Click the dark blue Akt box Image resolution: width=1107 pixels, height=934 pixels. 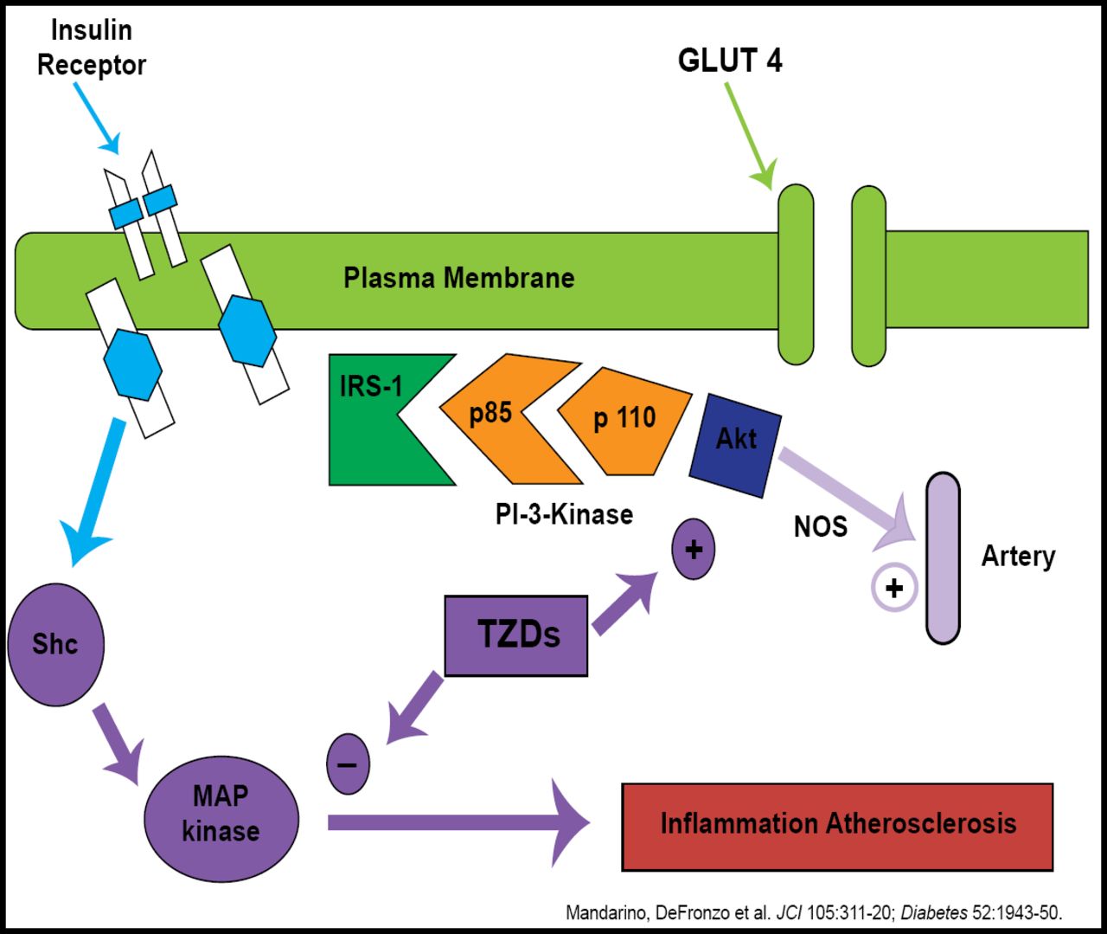pos(736,444)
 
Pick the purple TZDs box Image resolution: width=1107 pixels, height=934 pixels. pos(516,635)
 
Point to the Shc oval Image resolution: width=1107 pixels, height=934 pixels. pos(56,644)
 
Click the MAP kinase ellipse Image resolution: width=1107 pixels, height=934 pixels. pos(221,818)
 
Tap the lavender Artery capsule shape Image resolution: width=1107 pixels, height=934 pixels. pos(943,557)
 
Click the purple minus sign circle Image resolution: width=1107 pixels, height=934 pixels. pos(348,763)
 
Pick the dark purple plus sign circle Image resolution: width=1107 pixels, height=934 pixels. pos(694,549)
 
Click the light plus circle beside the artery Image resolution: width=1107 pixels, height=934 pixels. pos(894,589)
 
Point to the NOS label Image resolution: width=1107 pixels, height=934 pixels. pos(821,526)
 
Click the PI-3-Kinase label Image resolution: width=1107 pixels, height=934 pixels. pos(564,514)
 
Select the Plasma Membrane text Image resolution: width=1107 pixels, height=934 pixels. pos(459,278)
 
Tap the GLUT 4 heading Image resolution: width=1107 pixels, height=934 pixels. pos(730,61)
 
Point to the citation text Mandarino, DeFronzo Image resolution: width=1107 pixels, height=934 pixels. pos(813,912)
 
